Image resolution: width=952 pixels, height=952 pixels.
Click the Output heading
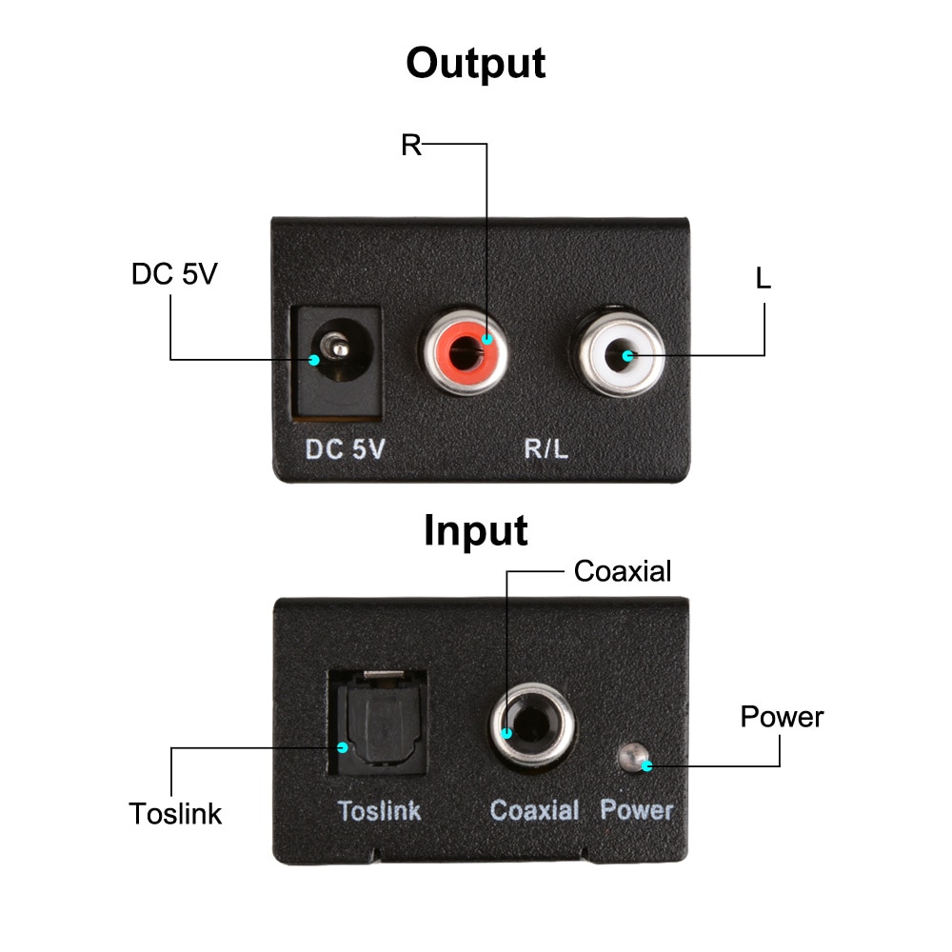click(475, 65)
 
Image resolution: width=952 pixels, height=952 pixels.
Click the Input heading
click(475, 530)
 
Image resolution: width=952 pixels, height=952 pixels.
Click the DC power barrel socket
click(339, 357)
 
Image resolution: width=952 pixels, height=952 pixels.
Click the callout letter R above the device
click(410, 146)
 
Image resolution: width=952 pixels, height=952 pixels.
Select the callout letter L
click(763, 279)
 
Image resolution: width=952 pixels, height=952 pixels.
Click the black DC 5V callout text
click(174, 274)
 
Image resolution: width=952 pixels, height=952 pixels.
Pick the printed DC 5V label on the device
click(345, 449)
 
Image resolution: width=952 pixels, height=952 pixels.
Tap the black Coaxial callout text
click(623, 571)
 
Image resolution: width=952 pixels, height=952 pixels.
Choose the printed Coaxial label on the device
click(534, 810)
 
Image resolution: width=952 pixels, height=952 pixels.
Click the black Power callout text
click(782, 717)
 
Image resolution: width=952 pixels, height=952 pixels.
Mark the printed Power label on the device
click(637, 810)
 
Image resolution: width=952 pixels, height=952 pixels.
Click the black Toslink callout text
click(175, 815)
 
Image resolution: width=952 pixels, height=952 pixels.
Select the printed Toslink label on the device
click(379, 810)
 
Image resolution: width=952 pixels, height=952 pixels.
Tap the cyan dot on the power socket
click(314, 359)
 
